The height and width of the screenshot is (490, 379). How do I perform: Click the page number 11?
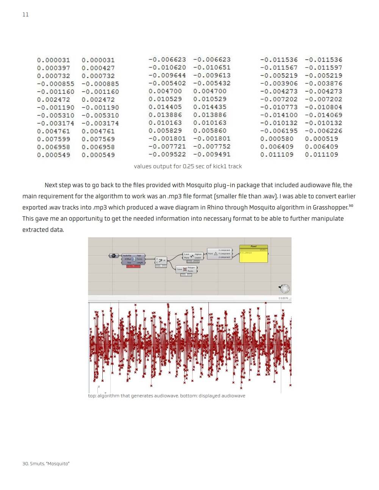coord(25,14)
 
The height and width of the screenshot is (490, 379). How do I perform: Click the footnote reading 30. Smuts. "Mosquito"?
coord(46,463)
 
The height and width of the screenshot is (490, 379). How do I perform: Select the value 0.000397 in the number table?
coord(53,68)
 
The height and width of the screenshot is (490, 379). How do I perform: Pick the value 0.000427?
coord(98,68)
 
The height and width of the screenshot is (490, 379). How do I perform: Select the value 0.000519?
coord(321,139)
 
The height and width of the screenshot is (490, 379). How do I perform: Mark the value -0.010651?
coord(211,67)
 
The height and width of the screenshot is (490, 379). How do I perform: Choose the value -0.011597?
coord(323,67)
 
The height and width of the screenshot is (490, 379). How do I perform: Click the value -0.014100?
coord(279,115)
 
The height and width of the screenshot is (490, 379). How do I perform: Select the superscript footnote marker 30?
coord(351,205)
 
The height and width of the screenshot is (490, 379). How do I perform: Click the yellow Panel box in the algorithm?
coord(254,255)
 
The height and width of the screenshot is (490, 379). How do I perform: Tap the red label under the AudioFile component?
coord(133,266)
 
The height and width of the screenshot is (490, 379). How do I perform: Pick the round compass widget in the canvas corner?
coord(284,289)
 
